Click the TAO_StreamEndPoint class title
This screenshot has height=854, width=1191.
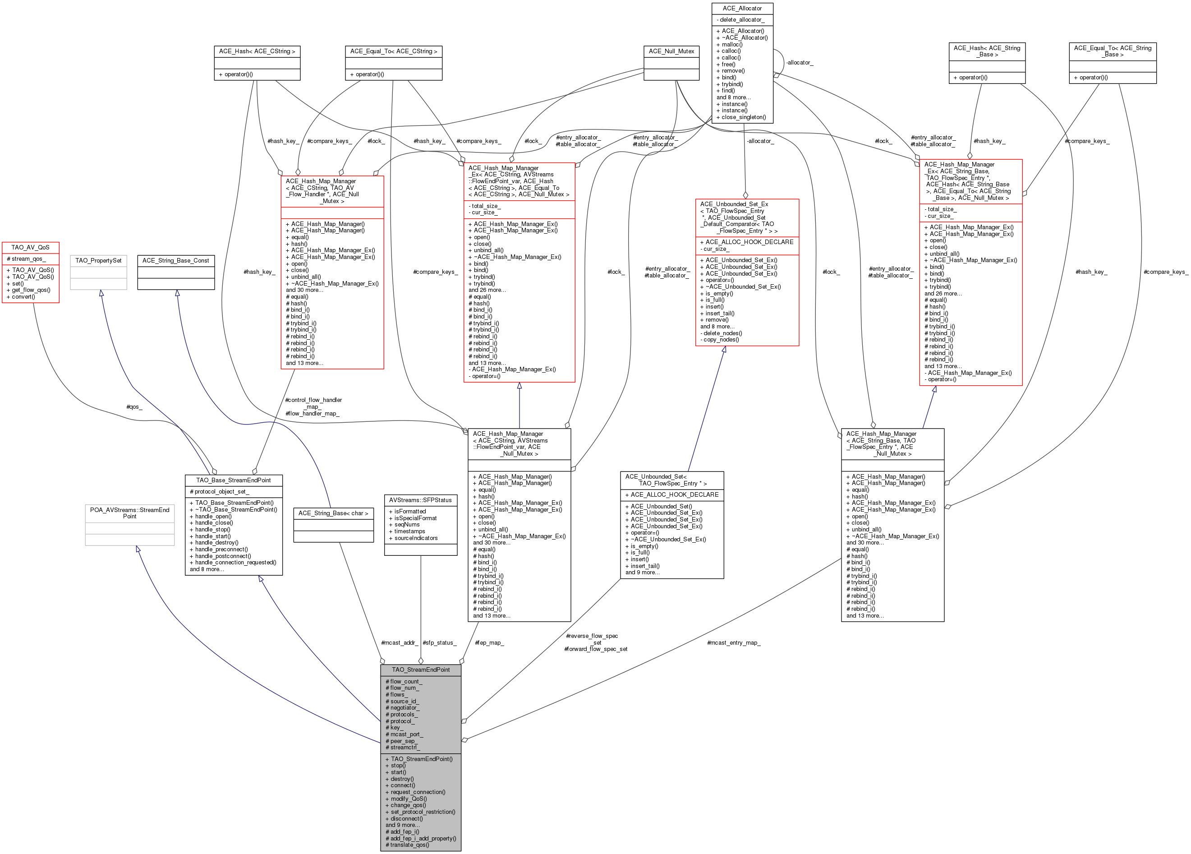click(x=421, y=669)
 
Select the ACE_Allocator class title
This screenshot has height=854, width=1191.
click(x=742, y=9)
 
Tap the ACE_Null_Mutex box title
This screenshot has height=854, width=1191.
click(x=671, y=51)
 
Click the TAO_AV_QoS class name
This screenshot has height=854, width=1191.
click(x=31, y=247)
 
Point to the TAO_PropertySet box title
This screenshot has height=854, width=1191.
click(x=98, y=260)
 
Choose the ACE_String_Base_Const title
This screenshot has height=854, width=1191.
click(x=175, y=260)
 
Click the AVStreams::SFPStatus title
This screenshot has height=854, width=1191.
click(x=420, y=500)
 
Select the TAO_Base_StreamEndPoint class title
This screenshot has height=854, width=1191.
click(x=233, y=480)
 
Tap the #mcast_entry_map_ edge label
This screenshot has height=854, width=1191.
click(x=733, y=643)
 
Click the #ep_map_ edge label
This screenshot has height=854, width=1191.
click(x=489, y=643)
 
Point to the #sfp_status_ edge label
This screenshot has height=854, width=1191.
click(x=440, y=643)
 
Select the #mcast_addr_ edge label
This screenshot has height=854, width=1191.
click(x=400, y=643)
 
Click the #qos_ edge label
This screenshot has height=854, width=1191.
click(x=134, y=407)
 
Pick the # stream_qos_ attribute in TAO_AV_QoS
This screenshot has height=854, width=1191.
click(x=26, y=259)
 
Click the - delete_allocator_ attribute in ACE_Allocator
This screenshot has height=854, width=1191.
click(x=740, y=20)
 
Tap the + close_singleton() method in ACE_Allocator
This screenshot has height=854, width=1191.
click(x=741, y=117)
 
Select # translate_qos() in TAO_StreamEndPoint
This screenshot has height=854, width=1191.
click(x=408, y=845)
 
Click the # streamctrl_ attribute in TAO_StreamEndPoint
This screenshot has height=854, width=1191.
click(x=403, y=748)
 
